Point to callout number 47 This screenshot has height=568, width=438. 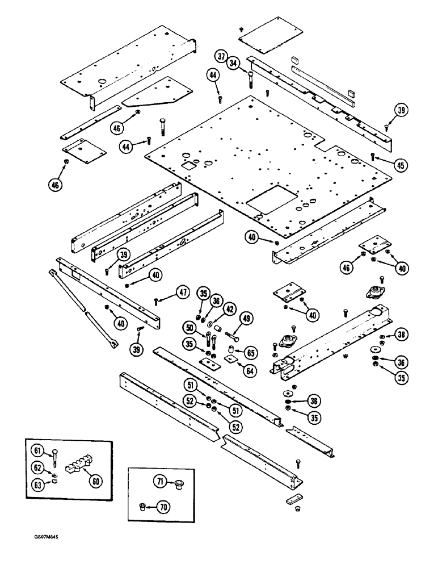click(182, 293)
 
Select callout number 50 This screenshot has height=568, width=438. click(189, 328)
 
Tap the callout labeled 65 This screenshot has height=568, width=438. click(247, 353)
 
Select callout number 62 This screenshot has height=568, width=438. click(38, 468)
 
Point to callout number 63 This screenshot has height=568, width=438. click(38, 485)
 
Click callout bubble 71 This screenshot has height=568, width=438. click(159, 482)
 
